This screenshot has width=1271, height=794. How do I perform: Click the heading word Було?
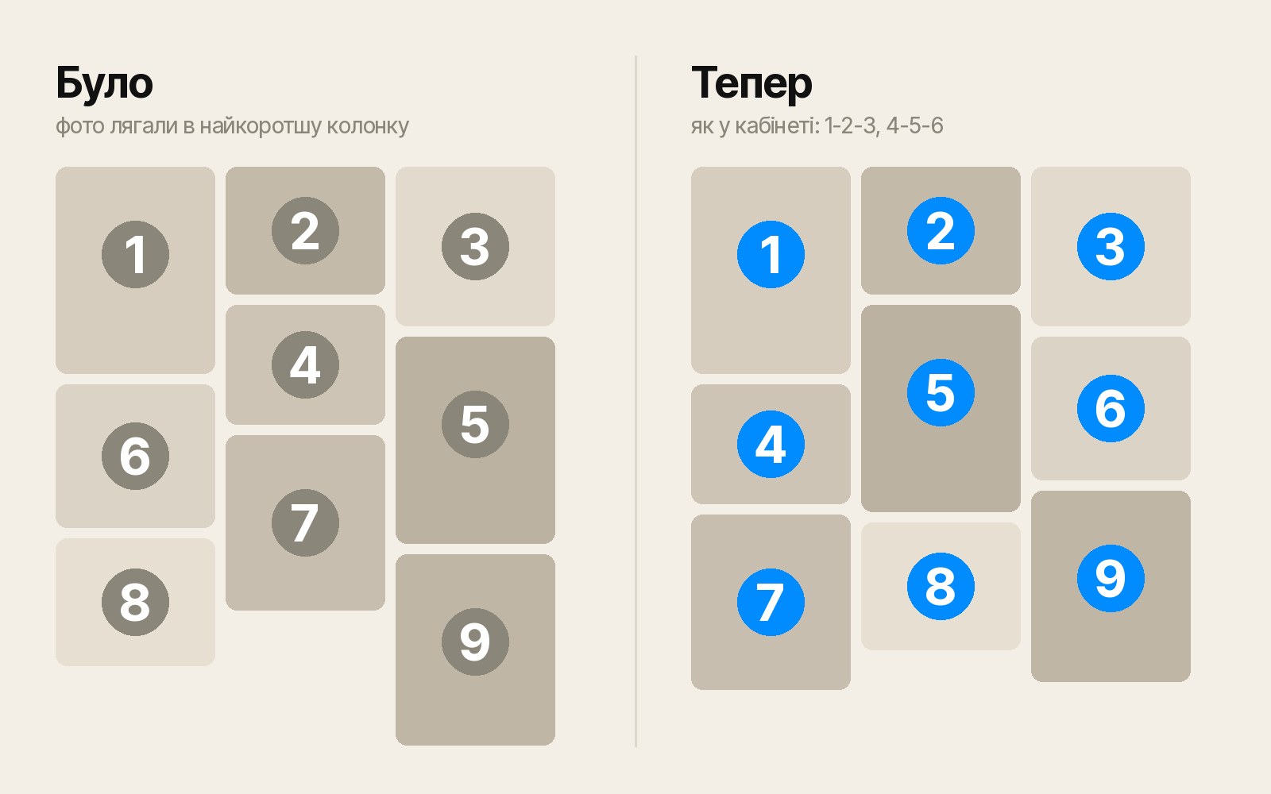tap(104, 84)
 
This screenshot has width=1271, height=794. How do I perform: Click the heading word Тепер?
tap(751, 84)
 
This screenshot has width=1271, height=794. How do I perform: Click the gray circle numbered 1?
tap(135, 255)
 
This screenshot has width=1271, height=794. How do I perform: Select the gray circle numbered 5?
tap(475, 424)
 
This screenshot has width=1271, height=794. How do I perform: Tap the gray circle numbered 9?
tap(475, 642)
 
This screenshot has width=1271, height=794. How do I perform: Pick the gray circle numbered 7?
tap(305, 523)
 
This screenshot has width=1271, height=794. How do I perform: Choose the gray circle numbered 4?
tap(305, 364)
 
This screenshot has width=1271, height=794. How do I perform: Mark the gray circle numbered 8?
tap(135, 603)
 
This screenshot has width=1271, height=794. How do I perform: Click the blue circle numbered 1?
tap(771, 255)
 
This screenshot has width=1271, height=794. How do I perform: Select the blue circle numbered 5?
tap(941, 392)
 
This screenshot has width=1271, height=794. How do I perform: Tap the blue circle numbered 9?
tap(1111, 579)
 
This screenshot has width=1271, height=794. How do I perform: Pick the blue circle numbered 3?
tap(1111, 247)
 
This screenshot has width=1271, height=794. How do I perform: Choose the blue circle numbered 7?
tap(771, 603)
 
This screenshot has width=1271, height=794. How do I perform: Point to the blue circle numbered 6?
tap(1111, 408)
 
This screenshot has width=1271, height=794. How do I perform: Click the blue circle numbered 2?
tap(941, 231)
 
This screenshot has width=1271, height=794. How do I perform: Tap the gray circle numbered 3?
tap(475, 247)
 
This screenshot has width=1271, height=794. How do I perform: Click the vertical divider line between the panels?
tap(635, 401)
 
